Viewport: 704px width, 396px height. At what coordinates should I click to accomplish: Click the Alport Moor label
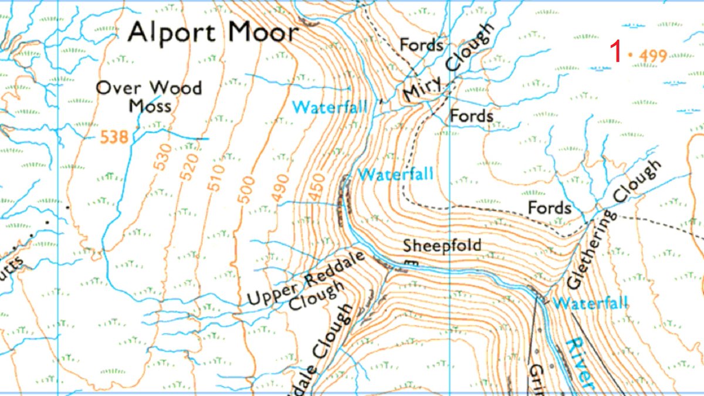point(214,33)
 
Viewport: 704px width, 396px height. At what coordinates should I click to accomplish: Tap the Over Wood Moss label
point(149,97)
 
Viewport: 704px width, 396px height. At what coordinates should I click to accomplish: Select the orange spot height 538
point(114,137)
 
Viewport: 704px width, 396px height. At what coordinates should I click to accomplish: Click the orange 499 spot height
point(653,56)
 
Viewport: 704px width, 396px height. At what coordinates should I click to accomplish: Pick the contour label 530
point(164,157)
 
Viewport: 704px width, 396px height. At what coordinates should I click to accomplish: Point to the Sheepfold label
point(442,245)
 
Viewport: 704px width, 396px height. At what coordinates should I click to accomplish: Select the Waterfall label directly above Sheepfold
point(396,174)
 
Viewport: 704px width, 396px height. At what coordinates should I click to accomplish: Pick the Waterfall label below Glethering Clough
point(590,303)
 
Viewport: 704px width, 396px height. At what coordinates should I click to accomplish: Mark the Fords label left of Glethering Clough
point(550,208)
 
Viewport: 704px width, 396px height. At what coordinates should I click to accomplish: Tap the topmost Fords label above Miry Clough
point(421,45)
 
